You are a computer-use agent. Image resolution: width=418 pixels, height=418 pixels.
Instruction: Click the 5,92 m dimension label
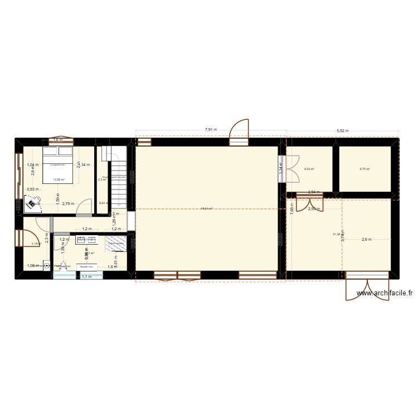coord(342,131)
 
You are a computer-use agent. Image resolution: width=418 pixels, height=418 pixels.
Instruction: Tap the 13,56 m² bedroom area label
coord(59,179)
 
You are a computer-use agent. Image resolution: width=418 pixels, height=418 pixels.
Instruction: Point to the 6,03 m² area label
coord(309,169)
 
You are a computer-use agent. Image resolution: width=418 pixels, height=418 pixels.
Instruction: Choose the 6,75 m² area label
coord(365,169)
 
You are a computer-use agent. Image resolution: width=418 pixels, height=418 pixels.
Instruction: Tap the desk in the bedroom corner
coord(32,205)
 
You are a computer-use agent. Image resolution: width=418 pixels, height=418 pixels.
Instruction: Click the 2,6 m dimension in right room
coord(366,240)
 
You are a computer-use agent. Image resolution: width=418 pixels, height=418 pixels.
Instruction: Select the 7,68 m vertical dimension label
coord(291,207)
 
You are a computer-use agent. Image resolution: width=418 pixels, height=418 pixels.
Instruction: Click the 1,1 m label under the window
coord(86,277)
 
